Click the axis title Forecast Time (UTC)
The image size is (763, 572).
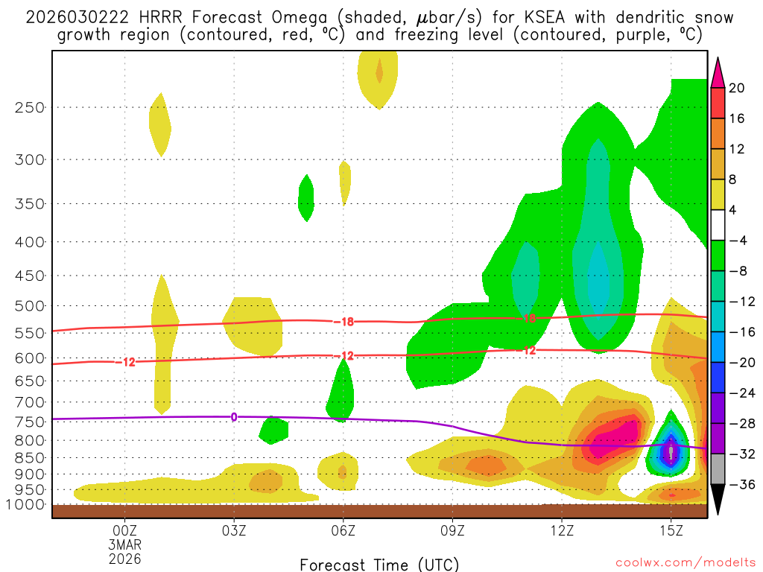(x=379, y=564)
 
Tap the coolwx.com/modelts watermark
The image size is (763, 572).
(x=686, y=564)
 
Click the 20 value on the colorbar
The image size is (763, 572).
(x=737, y=88)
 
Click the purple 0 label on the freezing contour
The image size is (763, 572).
(x=234, y=416)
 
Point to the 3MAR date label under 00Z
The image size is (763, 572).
(x=124, y=544)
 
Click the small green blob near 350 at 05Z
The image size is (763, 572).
(x=305, y=197)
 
